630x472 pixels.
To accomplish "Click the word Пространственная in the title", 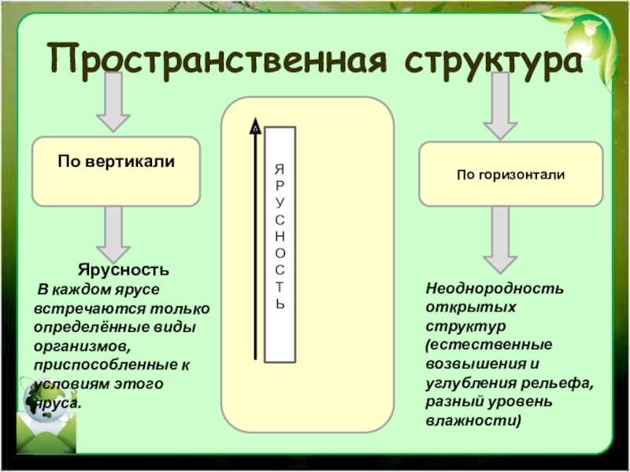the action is pos(217,61).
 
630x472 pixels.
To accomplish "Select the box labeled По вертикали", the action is pos(116,171).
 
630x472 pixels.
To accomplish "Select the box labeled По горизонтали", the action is pos(511,174).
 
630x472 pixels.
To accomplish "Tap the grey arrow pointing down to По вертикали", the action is pos(113,102).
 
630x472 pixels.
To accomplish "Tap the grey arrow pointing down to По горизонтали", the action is pos(500,106).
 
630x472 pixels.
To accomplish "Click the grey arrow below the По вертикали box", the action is pos(113,234).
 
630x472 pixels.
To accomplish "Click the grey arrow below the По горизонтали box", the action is pos(500,240).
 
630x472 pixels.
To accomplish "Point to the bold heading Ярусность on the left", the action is pos(124,270).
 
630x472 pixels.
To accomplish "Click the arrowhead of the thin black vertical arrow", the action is pos(255,127).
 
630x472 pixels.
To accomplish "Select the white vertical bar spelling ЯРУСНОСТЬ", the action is pos(280,245).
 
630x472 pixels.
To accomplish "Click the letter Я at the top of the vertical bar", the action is pos(280,169).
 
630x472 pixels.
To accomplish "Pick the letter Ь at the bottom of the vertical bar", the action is pos(280,304).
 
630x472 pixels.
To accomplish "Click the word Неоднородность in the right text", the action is pos(495,288).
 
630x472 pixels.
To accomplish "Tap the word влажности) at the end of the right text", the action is pos(473,420).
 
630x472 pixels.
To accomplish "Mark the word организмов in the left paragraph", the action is pos(83,345).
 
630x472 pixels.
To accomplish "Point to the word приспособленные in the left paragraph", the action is pos(106,365).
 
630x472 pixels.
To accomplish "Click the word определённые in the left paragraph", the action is pos(91,326).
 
